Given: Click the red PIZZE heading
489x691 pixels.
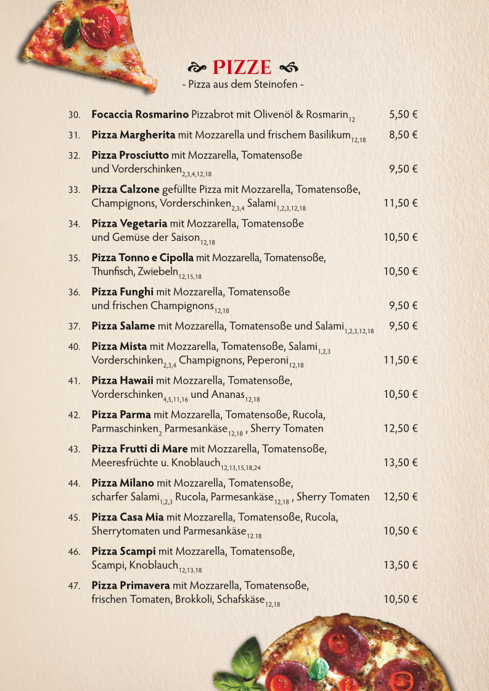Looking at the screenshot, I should point(242,67).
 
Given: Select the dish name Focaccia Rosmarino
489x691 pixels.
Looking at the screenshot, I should point(140,115).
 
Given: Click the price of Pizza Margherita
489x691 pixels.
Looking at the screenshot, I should point(403,135).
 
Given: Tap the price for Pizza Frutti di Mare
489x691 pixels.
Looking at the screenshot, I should point(401,463).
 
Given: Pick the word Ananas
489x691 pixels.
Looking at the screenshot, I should point(228,394).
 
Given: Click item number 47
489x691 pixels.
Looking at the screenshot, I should point(75,586).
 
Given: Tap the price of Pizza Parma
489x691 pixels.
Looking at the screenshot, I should point(401,429).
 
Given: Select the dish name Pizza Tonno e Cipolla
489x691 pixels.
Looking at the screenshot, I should point(142,257).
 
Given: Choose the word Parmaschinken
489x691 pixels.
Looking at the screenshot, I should point(126,429).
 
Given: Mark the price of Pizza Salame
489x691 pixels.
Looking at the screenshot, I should point(403,326).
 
